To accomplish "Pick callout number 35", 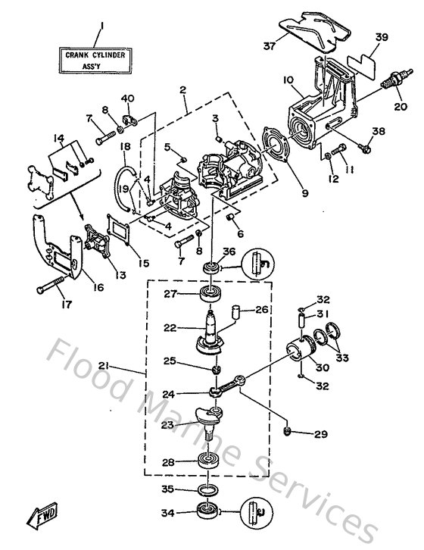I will pos(169,489).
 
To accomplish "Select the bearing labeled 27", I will pos(207,295).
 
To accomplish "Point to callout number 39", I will pos(381,37).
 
